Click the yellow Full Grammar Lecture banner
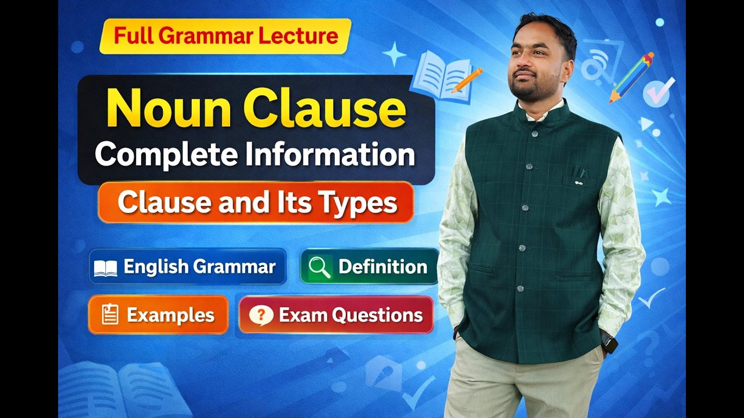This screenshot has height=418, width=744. [226, 36]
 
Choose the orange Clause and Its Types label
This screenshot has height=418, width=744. [256, 203]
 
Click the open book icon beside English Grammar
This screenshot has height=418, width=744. [105, 268]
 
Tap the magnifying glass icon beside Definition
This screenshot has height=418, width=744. [320, 267]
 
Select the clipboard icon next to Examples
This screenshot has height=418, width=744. [109, 315]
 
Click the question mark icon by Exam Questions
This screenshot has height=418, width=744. [261, 315]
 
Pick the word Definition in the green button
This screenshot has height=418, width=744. [382, 267]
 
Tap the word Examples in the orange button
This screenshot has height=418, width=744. [170, 315]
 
